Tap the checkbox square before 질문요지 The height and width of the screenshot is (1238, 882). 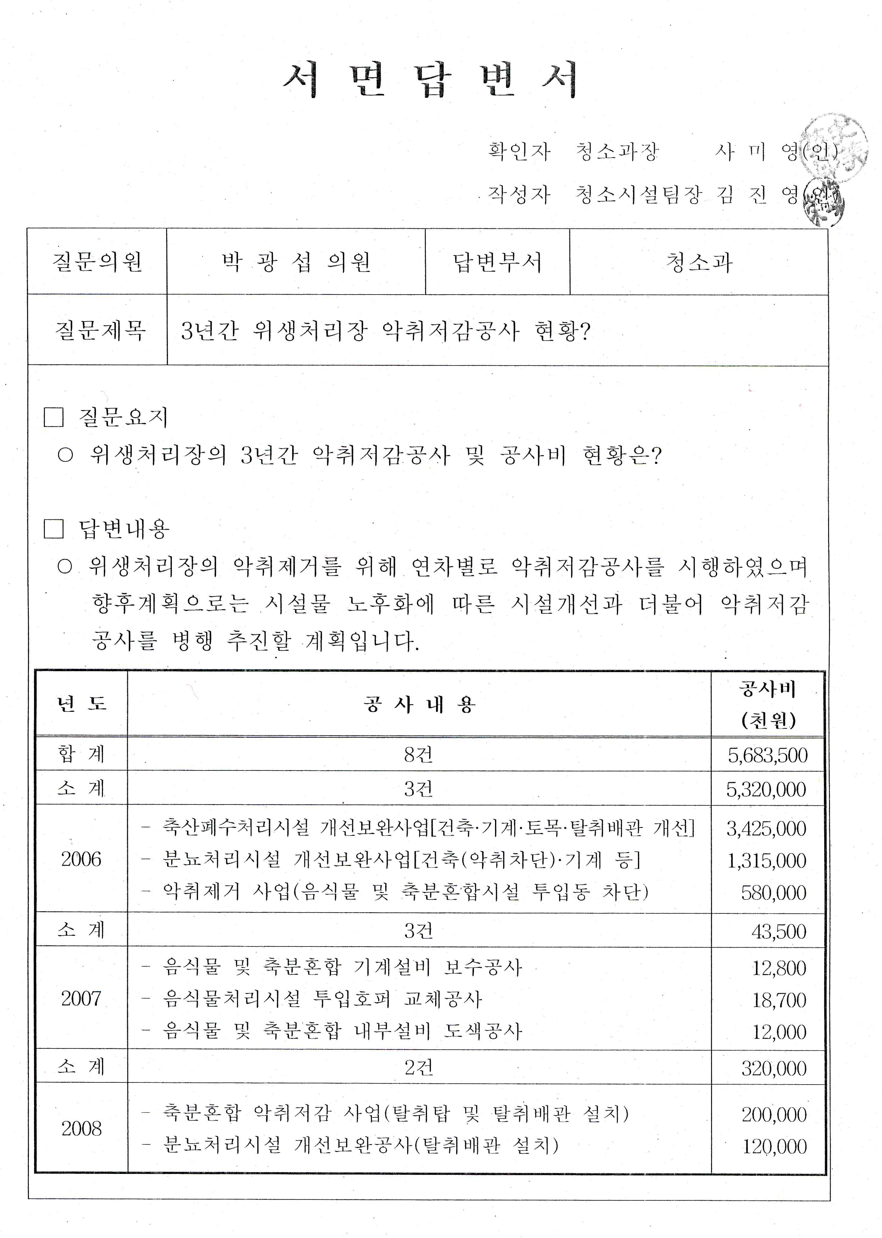(54, 417)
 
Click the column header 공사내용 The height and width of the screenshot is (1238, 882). (419, 704)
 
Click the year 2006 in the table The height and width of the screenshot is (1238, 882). (81, 859)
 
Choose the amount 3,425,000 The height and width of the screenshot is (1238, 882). (766, 829)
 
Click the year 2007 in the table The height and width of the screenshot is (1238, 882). (81, 998)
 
